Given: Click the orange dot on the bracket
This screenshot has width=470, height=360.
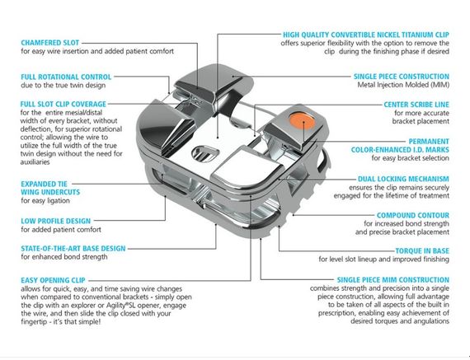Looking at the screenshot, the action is (302, 120).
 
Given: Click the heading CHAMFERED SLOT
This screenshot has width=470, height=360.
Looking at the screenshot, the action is (50, 43).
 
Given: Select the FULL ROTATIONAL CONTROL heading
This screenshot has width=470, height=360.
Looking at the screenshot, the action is (66, 77).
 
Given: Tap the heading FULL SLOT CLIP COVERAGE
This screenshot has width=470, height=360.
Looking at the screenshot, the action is (63, 105).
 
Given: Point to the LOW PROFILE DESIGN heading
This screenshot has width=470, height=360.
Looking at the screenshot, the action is (56, 221).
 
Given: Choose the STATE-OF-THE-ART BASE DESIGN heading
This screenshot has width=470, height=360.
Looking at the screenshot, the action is (73, 249).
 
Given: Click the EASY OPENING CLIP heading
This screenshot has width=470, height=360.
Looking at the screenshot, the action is (53, 280).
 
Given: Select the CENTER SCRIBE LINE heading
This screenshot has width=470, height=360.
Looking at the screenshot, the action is (416, 105).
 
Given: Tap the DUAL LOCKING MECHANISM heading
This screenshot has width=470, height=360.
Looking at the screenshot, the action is (403, 179).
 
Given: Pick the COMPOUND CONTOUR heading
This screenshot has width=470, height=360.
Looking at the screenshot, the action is (413, 215).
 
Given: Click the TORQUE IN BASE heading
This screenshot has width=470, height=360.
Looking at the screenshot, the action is (422, 251).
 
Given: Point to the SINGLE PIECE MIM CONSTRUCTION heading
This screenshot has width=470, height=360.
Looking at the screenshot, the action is (393, 280).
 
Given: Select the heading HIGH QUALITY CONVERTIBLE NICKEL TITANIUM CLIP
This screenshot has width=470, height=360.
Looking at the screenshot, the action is (366, 35).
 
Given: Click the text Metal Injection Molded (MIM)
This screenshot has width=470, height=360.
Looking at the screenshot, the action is (403, 85).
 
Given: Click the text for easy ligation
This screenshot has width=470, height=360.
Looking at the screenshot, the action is (45, 201).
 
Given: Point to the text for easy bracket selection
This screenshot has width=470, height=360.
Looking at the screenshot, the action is (411, 158).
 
